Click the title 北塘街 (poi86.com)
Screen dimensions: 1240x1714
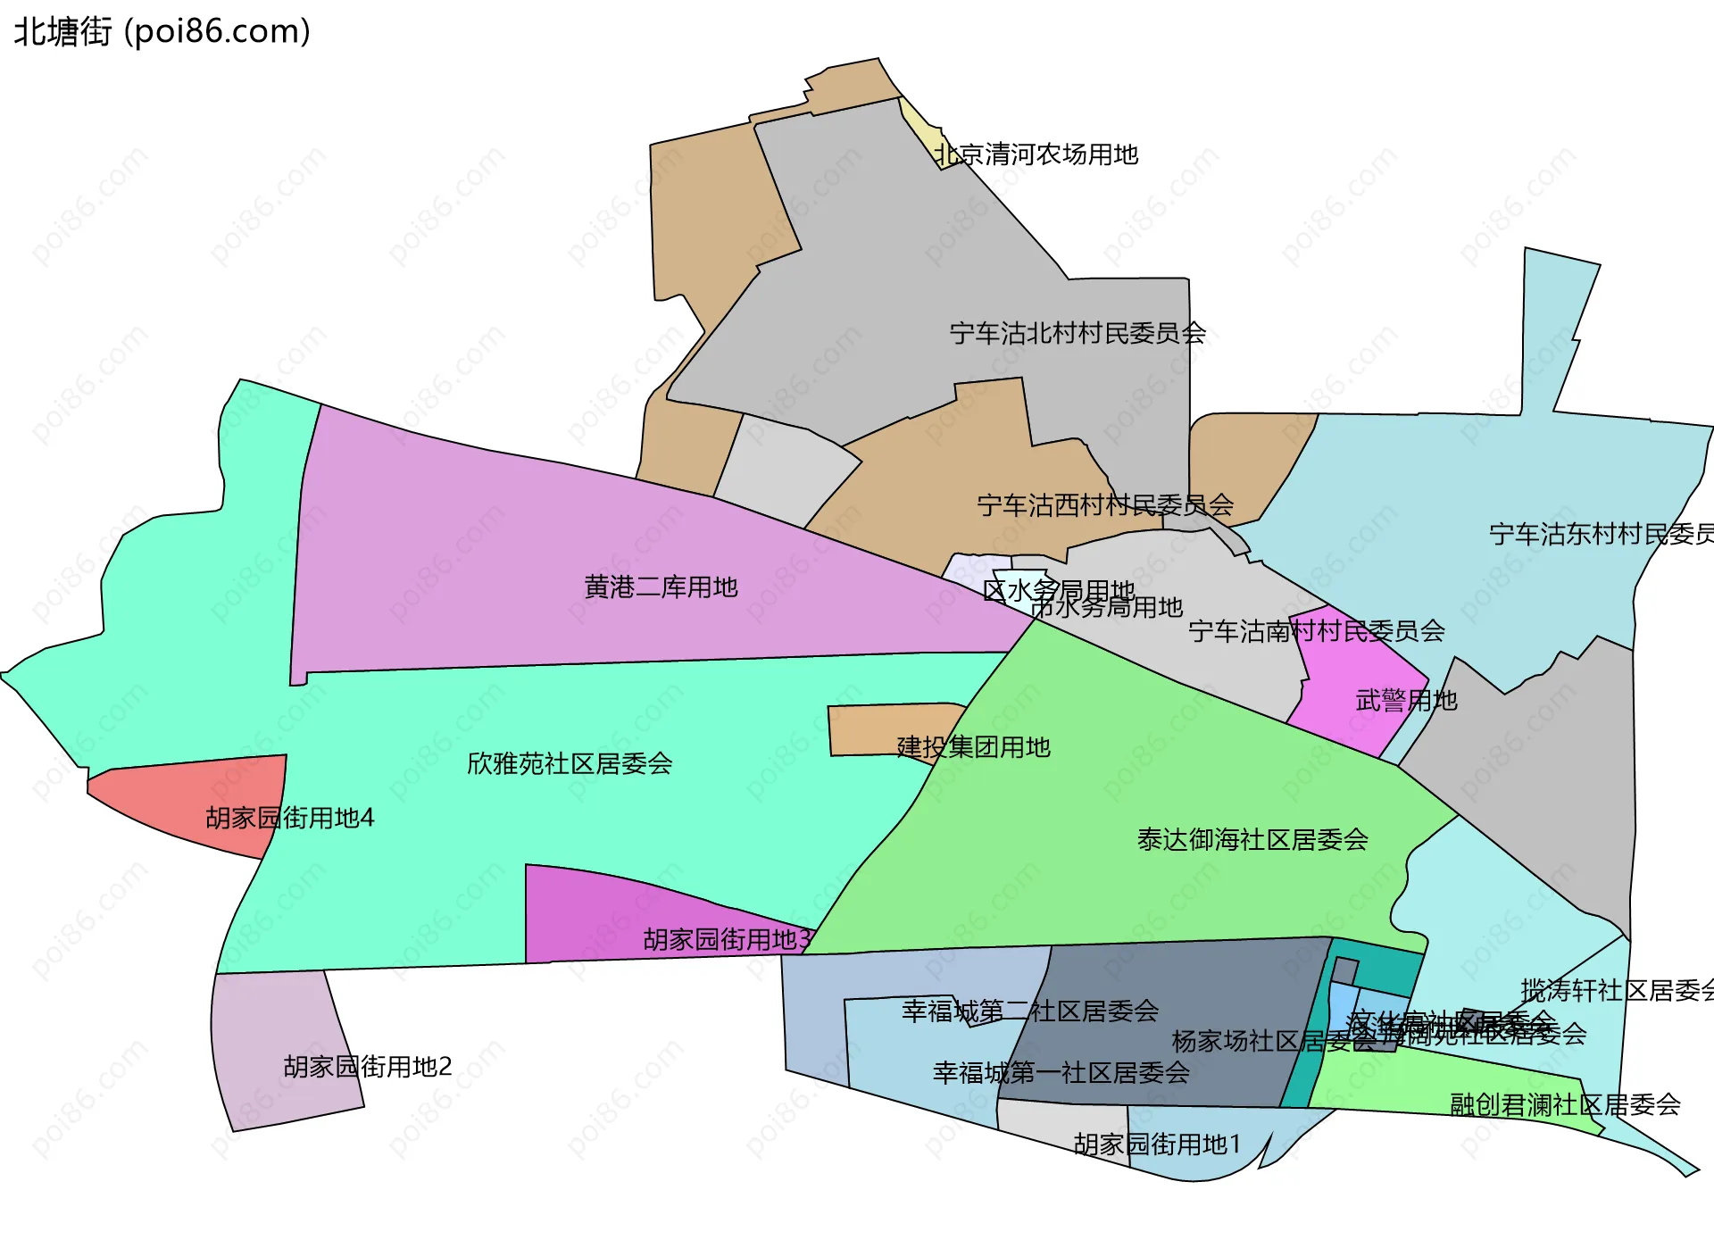[x=162, y=31]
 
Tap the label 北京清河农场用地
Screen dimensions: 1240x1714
[x=1036, y=154]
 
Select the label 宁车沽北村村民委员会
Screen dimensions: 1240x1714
[x=1077, y=333]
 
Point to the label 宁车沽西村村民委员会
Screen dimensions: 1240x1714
[x=1105, y=505]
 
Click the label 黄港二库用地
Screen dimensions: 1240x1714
[x=661, y=587]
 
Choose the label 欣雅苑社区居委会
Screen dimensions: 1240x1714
[x=570, y=763]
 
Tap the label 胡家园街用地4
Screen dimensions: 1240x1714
[x=289, y=818]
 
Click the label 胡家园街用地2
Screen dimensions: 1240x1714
[x=368, y=1066]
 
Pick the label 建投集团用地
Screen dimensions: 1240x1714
[x=973, y=746]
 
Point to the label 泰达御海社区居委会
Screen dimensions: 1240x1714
[x=1252, y=839]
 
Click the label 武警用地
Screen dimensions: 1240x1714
[x=1406, y=701]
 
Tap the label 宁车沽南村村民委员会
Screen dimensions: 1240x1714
[x=1317, y=631]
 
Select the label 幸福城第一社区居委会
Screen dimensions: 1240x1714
[x=1061, y=1072]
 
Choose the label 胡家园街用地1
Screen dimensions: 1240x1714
[x=1157, y=1144]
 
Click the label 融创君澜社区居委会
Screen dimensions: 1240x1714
[x=1565, y=1104]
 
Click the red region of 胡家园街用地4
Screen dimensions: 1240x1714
[x=179, y=795]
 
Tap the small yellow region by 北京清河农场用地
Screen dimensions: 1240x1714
[x=928, y=134]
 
